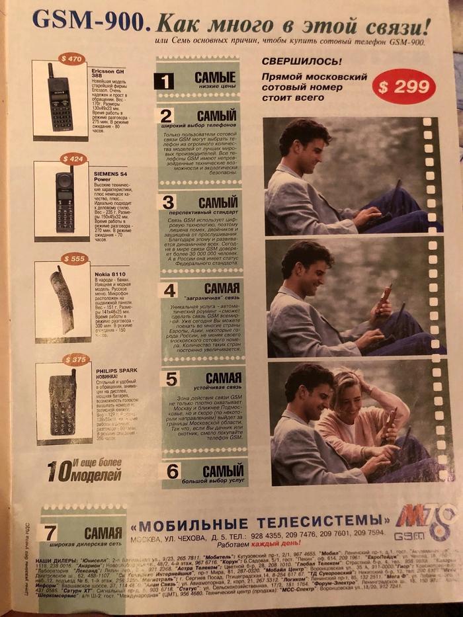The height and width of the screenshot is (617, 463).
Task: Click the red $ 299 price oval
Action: click(403, 85)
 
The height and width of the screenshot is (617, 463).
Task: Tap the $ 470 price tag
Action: click(71, 59)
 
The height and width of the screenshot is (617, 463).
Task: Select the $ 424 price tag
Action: click(73, 159)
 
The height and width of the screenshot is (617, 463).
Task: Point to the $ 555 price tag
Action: click(73, 259)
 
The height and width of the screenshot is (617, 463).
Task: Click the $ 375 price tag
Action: click(75, 359)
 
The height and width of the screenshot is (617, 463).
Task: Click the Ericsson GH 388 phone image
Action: click(60, 98)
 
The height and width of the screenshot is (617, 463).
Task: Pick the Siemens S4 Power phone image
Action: click(64, 198)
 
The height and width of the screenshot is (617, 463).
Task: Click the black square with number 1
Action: click(163, 81)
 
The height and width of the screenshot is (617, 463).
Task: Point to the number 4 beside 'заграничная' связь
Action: click(169, 290)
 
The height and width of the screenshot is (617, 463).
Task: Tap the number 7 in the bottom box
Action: click(50, 532)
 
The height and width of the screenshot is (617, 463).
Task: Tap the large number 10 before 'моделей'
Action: click(60, 471)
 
